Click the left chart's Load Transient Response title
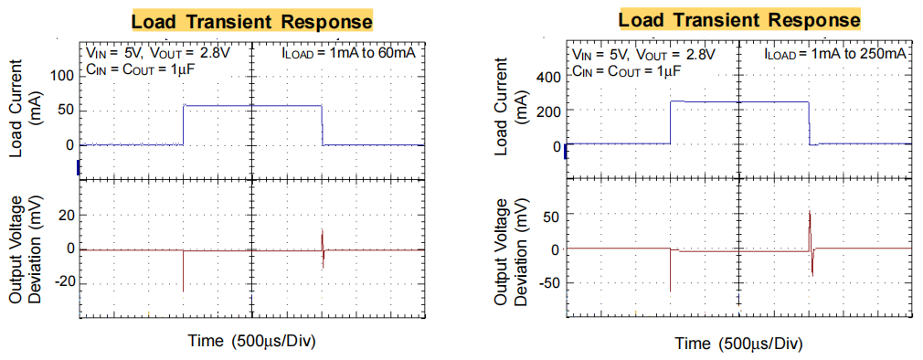pos(252,20)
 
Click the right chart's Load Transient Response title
pos(739,19)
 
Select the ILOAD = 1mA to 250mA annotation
pos(835,54)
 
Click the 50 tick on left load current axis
pos(64,110)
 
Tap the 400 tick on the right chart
pos(546,76)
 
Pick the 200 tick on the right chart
pos(546,111)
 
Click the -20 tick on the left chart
pos(59,284)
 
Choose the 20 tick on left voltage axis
pos(63,215)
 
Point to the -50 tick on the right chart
pos(546,284)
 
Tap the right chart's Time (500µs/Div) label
pos(739,343)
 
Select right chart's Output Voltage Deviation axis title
pos(514,249)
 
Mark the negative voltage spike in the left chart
pos(184,274)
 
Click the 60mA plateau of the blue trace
pos(252,106)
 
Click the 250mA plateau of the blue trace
pos(739,101)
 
